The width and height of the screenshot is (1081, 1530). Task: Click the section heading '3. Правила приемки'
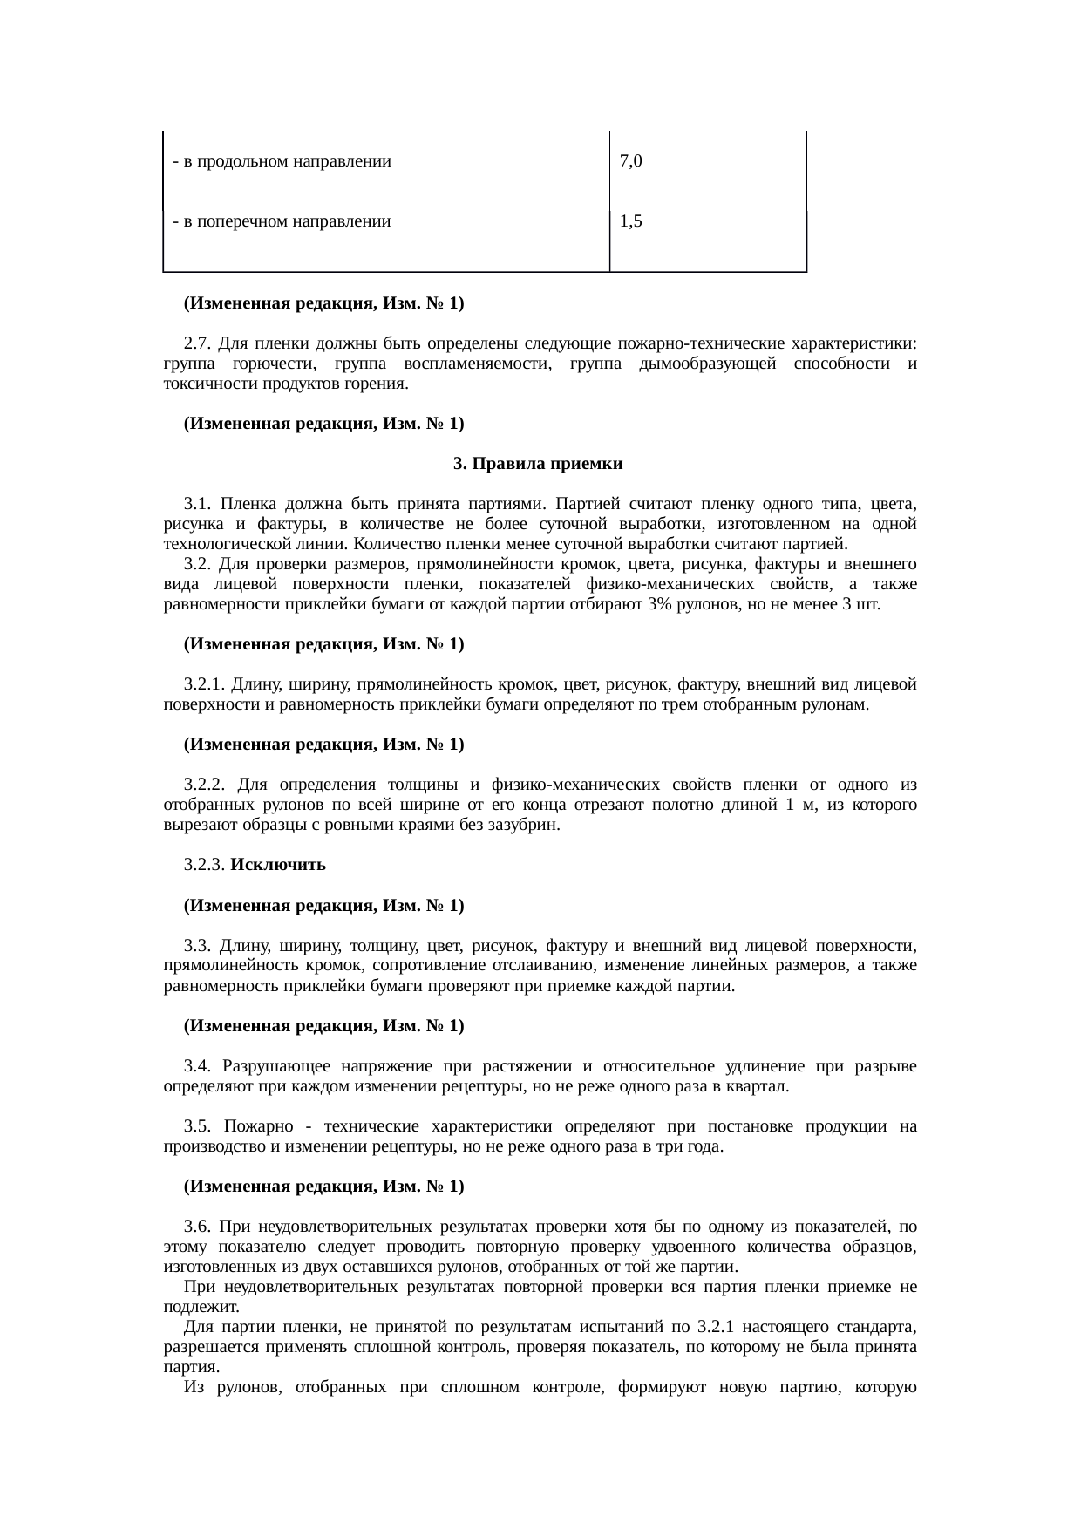point(538,464)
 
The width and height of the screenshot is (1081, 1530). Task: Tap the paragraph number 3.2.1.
point(205,684)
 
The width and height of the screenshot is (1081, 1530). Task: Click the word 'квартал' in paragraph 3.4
point(761,1087)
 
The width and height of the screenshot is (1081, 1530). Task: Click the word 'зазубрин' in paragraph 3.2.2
point(528,825)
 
